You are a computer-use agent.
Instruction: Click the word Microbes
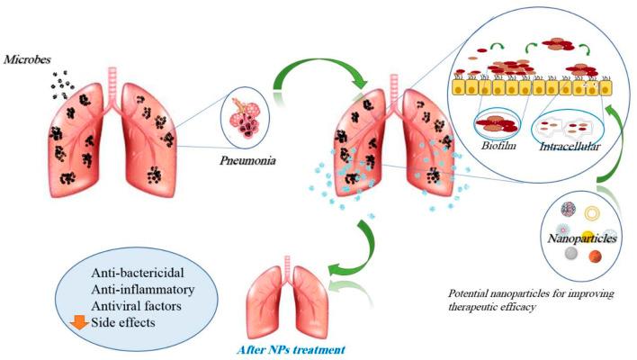pyautogui.click(x=27, y=59)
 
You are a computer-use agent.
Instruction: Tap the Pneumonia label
pyautogui.click(x=247, y=160)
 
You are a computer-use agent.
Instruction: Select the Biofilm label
pyautogui.click(x=498, y=145)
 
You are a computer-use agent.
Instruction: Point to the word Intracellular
pyautogui.click(x=570, y=147)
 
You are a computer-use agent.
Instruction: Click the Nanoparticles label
pyautogui.click(x=582, y=238)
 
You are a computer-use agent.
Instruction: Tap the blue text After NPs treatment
pyautogui.click(x=291, y=349)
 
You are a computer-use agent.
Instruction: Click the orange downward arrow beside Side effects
pyautogui.click(x=79, y=322)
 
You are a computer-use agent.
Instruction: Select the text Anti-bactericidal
pyautogui.click(x=138, y=272)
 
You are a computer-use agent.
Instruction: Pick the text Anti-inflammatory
pyautogui.click(x=143, y=289)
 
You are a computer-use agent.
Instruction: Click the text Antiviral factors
pyautogui.click(x=137, y=306)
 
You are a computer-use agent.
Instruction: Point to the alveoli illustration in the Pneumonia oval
pyautogui.click(x=246, y=117)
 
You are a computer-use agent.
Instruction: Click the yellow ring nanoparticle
pyautogui.click(x=592, y=213)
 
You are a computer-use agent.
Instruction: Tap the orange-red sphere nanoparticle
pyautogui.click(x=595, y=256)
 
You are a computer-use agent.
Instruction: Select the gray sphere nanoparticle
pyautogui.click(x=571, y=254)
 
